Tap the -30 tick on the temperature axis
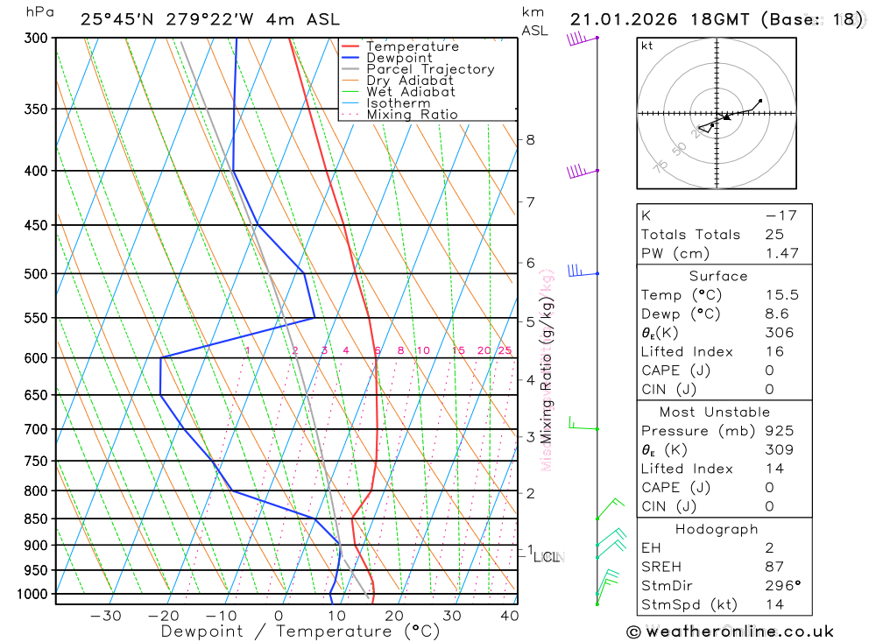coord(106,616)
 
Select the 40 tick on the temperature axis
coord(509,616)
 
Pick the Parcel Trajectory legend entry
coord(430,69)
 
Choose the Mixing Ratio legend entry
coord(412,115)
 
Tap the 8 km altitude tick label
coord(531,140)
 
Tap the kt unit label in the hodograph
coord(647,46)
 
